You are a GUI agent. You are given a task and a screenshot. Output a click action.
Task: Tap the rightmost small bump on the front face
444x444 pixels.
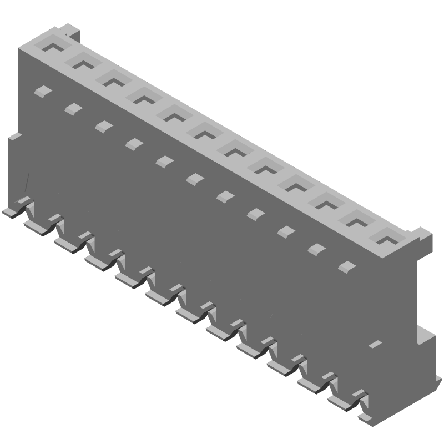pos(347,267)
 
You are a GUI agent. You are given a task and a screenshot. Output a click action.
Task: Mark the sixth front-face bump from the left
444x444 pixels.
pos(195,179)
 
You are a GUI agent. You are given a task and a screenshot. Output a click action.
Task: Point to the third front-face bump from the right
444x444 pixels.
pos(286,231)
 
